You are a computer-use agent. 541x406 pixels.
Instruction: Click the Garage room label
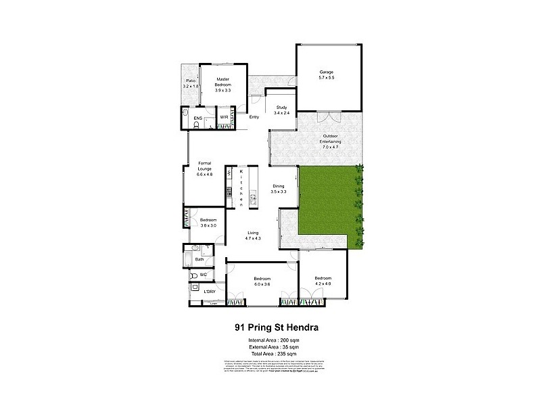(x=327, y=76)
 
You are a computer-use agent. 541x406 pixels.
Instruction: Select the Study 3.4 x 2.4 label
(x=281, y=110)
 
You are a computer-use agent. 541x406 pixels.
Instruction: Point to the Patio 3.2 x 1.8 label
(x=191, y=83)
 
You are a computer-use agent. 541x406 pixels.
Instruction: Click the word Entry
(x=254, y=118)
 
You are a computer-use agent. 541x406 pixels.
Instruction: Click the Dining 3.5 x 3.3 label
(x=279, y=189)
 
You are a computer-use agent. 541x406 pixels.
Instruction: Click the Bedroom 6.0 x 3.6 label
(x=262, y=281)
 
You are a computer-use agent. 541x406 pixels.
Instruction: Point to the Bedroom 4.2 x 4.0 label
(x=323, y=281)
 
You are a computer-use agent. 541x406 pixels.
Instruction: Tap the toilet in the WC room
(x=192, y=275)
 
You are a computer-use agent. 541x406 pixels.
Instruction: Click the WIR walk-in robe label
(x=224, y=118)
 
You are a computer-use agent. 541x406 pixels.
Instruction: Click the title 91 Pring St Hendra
(x=277, y=328)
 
